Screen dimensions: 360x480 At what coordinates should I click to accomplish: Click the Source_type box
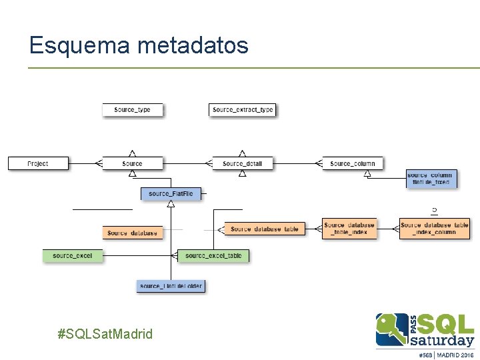(132, 110)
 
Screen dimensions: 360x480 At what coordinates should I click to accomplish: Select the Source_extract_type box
(243, 110)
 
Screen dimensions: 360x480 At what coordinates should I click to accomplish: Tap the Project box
(38, 163)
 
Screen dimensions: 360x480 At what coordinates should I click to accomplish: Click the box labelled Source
(132, 163)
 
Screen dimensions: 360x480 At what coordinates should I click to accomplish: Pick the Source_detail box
(243, 163)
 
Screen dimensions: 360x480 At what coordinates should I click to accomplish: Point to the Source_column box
(353, 163)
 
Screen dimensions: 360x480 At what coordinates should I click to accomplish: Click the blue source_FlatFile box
(171, 194)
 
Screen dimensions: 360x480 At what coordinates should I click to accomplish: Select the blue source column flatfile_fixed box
(431, 179)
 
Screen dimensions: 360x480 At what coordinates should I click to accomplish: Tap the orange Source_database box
(133, 233)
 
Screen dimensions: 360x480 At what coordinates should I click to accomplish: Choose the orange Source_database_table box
(265, 229)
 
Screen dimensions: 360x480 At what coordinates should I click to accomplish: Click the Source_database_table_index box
(349, 229)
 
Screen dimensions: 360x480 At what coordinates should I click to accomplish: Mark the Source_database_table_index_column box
(435, 229)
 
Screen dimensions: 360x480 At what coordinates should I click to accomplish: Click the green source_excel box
(73, 255)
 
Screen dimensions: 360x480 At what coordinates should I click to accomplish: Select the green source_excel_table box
(213, 255)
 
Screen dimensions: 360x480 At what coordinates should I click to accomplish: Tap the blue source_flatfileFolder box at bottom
(171, 286)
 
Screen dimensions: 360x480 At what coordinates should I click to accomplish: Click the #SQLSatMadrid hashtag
(105, 333)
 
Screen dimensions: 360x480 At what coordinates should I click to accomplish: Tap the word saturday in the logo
(442, 339)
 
